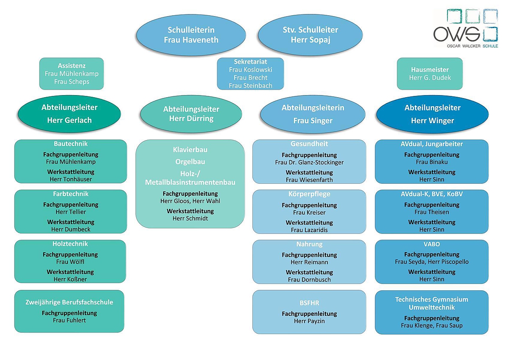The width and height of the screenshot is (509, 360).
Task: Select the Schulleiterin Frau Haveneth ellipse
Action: point(191,35)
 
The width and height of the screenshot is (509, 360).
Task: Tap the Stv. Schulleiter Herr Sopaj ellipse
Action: point(310,35)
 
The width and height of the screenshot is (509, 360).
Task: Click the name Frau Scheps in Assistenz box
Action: point(72,82)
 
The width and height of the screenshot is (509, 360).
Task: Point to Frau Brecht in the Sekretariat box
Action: point(250,78)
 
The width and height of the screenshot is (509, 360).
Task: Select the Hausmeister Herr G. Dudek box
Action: point(430,73)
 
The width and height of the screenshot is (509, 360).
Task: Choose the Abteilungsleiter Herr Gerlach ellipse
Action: point(70,114)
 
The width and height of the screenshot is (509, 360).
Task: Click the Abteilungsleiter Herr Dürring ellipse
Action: point(191,113)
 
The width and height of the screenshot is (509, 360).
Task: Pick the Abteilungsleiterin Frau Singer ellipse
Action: point(313,114)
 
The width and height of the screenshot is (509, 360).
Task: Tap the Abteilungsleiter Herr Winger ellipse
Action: point(432,114)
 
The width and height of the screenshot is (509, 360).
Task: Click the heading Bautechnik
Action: point(71,144)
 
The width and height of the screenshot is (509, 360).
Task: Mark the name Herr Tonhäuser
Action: point(71,179)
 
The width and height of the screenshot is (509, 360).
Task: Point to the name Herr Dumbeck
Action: point(71,229)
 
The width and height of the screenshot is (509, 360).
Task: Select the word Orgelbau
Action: point(190,162)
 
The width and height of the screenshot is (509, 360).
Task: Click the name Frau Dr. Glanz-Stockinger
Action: point(309,162)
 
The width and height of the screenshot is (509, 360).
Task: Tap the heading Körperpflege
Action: point(309,194)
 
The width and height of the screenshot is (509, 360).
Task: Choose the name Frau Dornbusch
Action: point(309,279)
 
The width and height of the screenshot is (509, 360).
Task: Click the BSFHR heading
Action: point(309,303)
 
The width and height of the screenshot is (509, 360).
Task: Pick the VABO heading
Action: point(432,244)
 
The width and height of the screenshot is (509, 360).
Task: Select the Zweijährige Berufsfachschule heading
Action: point(70,302)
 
